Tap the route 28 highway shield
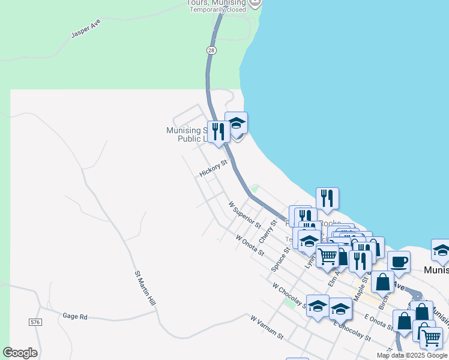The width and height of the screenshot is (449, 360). tap(211, 50)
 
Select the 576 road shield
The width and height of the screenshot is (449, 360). tap(35, 322)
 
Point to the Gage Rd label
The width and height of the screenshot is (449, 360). tap(75, 316)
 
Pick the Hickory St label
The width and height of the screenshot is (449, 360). tap(214, 169)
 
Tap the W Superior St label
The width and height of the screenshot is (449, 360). tap(245, 215)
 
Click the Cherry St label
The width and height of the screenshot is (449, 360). tap(267, 232)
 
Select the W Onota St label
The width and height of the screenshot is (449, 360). tap(250, 245)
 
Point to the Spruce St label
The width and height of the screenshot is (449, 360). tap(280, 256)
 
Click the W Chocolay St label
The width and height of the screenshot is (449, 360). tap(288, 294)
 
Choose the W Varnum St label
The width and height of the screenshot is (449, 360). tap(267, 326)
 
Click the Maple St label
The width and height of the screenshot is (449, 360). tap(360, 289)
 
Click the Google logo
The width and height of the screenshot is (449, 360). tap(20, 353)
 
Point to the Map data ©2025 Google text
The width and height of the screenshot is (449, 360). tap(411, 355)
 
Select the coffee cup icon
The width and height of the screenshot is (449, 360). tap(399, 262)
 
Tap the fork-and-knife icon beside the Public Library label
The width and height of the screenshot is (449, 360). tap(218, 132)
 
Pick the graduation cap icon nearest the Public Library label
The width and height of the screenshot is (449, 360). tap(236, 124)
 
